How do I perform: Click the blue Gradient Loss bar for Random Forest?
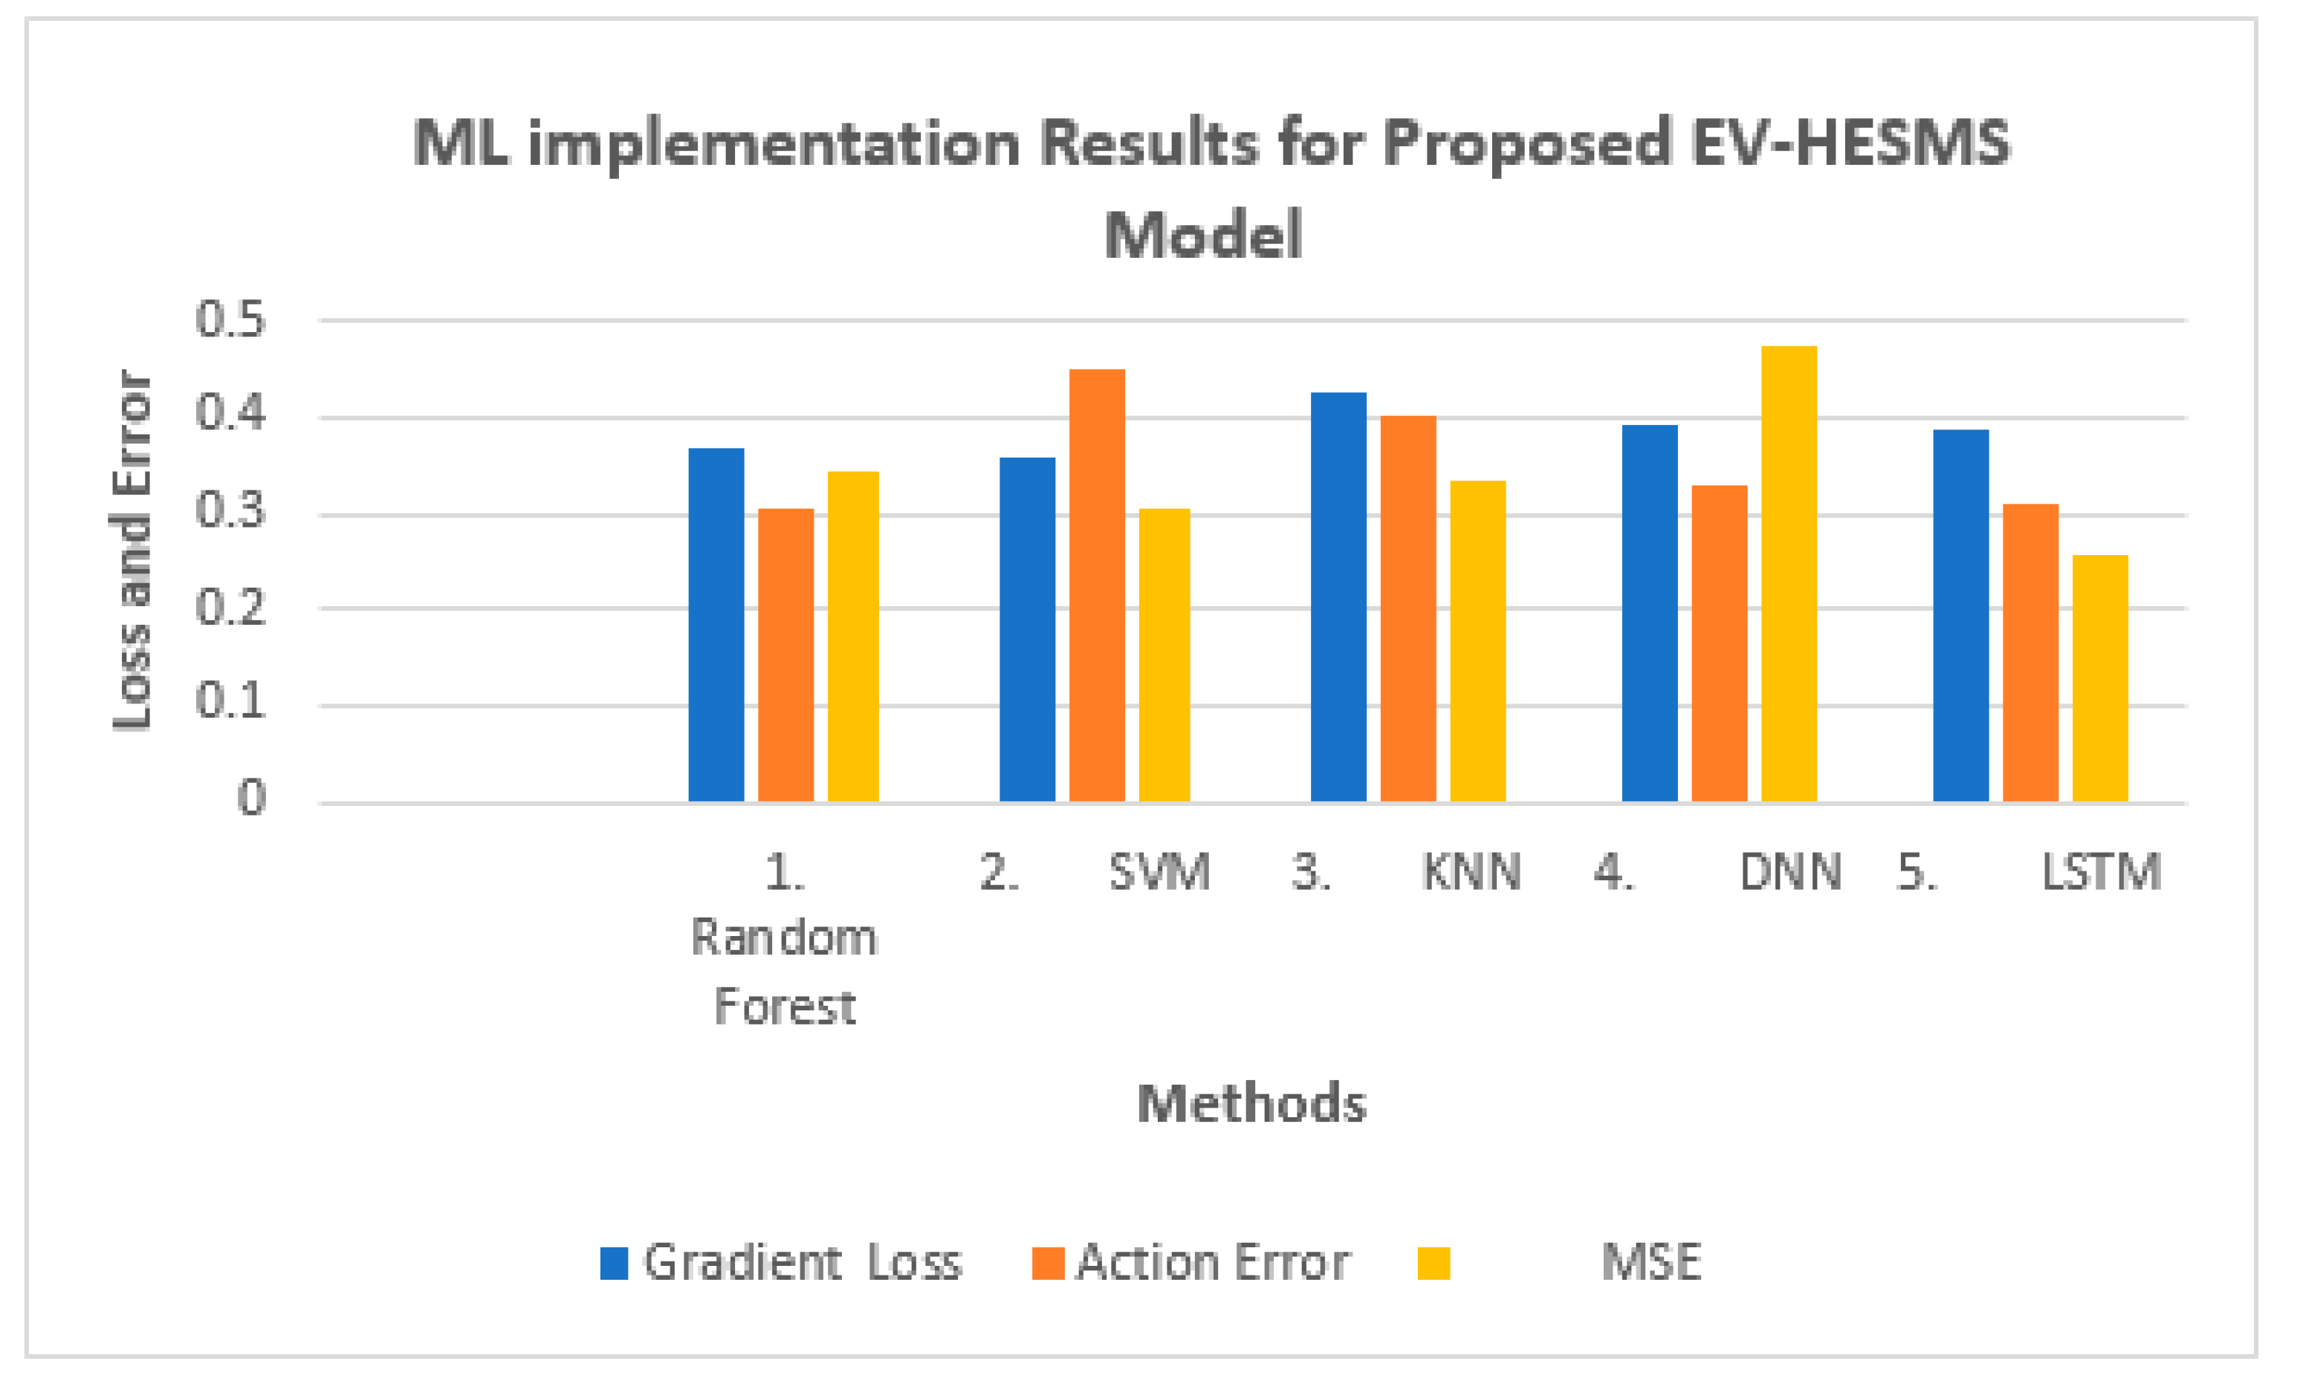pos(716,625)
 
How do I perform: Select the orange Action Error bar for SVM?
pos(1096,585)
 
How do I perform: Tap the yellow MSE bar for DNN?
pos(1788,573)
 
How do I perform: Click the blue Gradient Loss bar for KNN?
pos(1338,597)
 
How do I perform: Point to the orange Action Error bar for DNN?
pos(1719,643)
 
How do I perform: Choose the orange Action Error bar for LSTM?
pos(2030,652)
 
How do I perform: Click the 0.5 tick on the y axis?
pos(230,319)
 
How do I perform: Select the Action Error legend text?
pos(1212,1263)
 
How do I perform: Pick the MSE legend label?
pos(1651,1263)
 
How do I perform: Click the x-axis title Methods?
pos(1251,1104)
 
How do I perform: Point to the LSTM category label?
pos(2100,873)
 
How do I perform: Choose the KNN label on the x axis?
pos(1471,873)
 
